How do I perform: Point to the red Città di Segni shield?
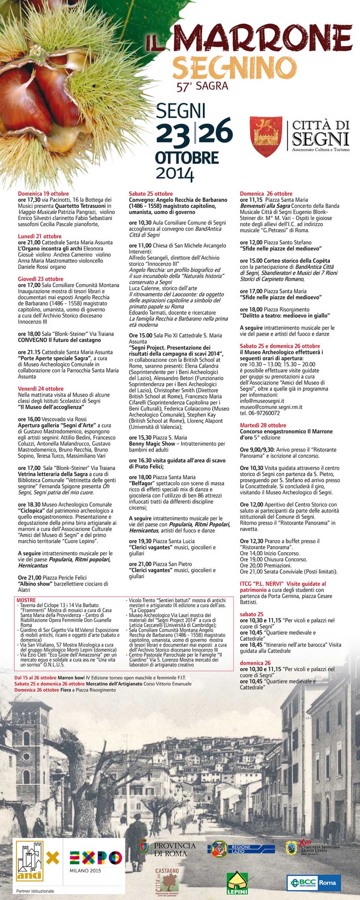[266, 136]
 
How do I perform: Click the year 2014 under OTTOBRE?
[175, 173]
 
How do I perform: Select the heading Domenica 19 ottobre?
[43, 194]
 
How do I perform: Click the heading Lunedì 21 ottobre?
[39, 236]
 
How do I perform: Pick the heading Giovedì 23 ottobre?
[41, 279]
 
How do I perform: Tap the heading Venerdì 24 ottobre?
[41, 389]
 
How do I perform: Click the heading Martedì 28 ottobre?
[263, 425]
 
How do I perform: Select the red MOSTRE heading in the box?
[26, 600]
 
